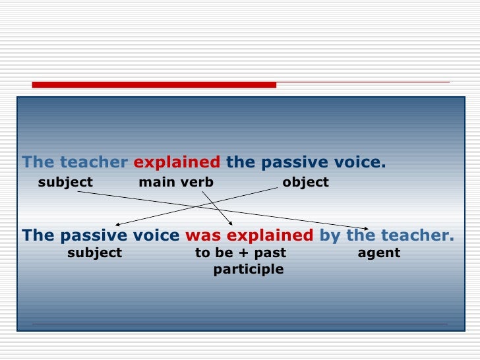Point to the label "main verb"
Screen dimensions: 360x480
[x=176, y=182]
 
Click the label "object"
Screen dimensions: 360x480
[x=305, y=182]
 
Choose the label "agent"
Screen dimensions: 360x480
[x=378, y=253]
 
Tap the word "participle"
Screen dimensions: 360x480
[x=249, y=269]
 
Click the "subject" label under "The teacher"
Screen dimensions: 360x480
[x=65, y=182]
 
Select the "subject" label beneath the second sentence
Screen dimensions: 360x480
[x=95, y=253]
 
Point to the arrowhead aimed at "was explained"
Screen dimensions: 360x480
[x=230, y=222]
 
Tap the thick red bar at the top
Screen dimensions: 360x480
[x=154, y=84]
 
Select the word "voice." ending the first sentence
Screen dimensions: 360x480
[x=365, y=162]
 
